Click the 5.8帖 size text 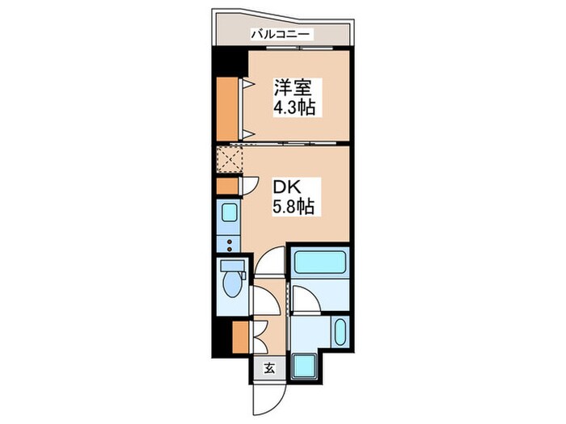click(292, 207)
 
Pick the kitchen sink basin click(228, 214)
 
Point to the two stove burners click(228, 244)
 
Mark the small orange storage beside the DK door click(227, 185)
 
